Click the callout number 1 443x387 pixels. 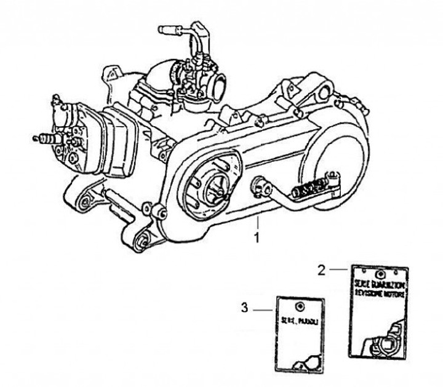[259, 236]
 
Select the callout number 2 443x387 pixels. [321, 269]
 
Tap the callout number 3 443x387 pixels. [244, 308]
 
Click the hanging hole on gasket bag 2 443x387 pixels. [380, 273]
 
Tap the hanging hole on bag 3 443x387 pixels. [300, 306]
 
